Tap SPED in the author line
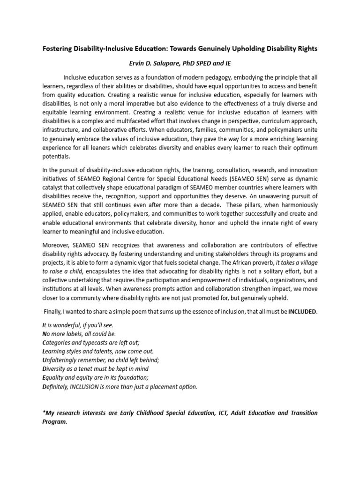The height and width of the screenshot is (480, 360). point(202,63)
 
